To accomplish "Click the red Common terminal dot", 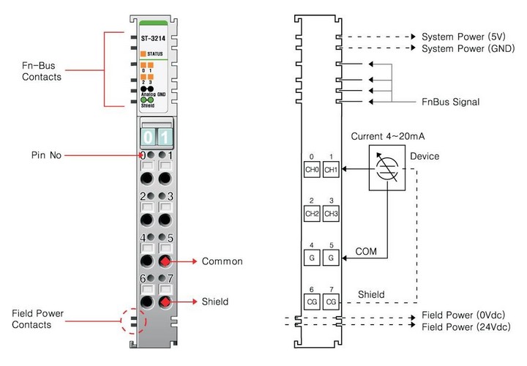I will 166,261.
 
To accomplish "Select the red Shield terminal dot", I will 166,301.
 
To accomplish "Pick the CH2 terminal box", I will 313,214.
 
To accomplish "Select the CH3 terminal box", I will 331,214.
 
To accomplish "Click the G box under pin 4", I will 313,258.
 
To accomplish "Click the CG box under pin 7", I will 331,302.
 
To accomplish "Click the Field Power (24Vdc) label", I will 466,326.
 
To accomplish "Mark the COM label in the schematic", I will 366,250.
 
